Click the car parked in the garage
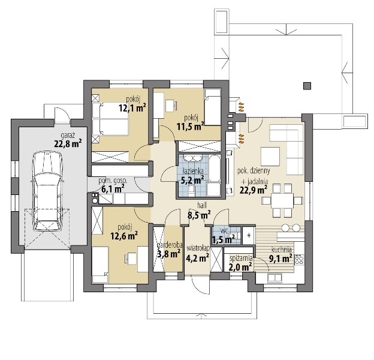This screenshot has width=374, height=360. [47, 191]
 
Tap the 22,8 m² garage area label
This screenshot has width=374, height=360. [68, 144]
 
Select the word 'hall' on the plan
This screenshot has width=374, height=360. [202, 205]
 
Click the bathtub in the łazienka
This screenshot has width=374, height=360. [215, 168]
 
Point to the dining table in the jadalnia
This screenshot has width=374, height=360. [282, 200]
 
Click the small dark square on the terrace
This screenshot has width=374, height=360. [307, 86]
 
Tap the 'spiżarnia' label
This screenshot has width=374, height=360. [241, 258]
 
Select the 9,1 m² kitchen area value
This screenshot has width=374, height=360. [280, 258]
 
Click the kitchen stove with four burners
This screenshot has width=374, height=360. [299, 259]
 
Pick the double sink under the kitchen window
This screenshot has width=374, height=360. [275, 278]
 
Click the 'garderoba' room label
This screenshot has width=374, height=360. [170, 245]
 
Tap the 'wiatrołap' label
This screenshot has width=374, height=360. [198, 248]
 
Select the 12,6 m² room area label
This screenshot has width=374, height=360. [124, 236]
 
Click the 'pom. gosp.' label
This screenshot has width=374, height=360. [113, 181]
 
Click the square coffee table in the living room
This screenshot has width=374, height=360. [270, 157]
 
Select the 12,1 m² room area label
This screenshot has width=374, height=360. [132, 108]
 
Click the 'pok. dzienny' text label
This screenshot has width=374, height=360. [254, 170]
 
